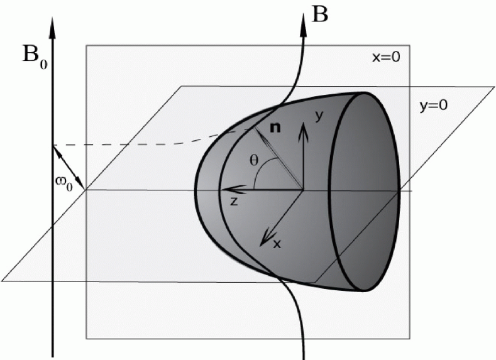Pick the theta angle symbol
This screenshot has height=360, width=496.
pyautogui.click(x=253, y=160)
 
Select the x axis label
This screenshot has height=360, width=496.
pyautogui.click(x=276, y=243)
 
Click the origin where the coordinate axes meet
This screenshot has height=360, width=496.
pyautogui.click(x=304, y=189)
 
